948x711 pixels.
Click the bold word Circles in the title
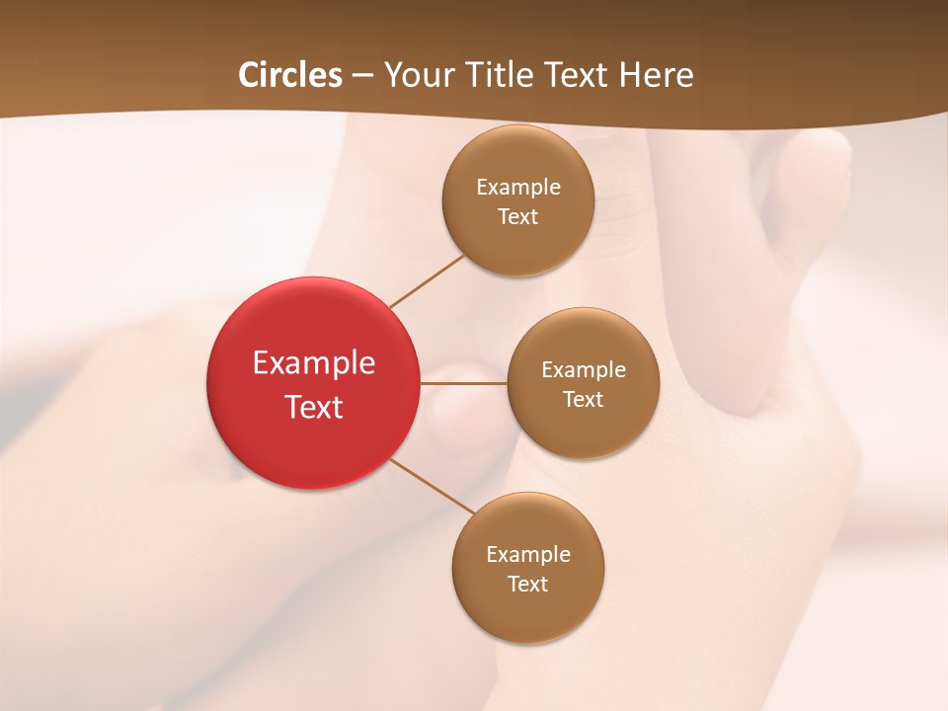[290, 75]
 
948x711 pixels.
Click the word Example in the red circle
[314, 363]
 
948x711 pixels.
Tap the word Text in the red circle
[314, 407]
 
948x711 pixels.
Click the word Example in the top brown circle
[518, 188]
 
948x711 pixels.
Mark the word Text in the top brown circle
[517, 217]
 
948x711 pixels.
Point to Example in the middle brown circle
[584, 370]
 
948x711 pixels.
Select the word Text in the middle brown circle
[583, 400]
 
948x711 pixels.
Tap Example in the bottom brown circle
[528, 555]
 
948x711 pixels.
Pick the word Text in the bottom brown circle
[527, 585]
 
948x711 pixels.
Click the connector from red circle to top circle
[427, 281]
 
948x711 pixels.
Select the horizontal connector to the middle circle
[464, 382]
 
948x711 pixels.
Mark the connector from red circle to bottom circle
[433, 486]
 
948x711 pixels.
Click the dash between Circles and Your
[362, 76]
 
